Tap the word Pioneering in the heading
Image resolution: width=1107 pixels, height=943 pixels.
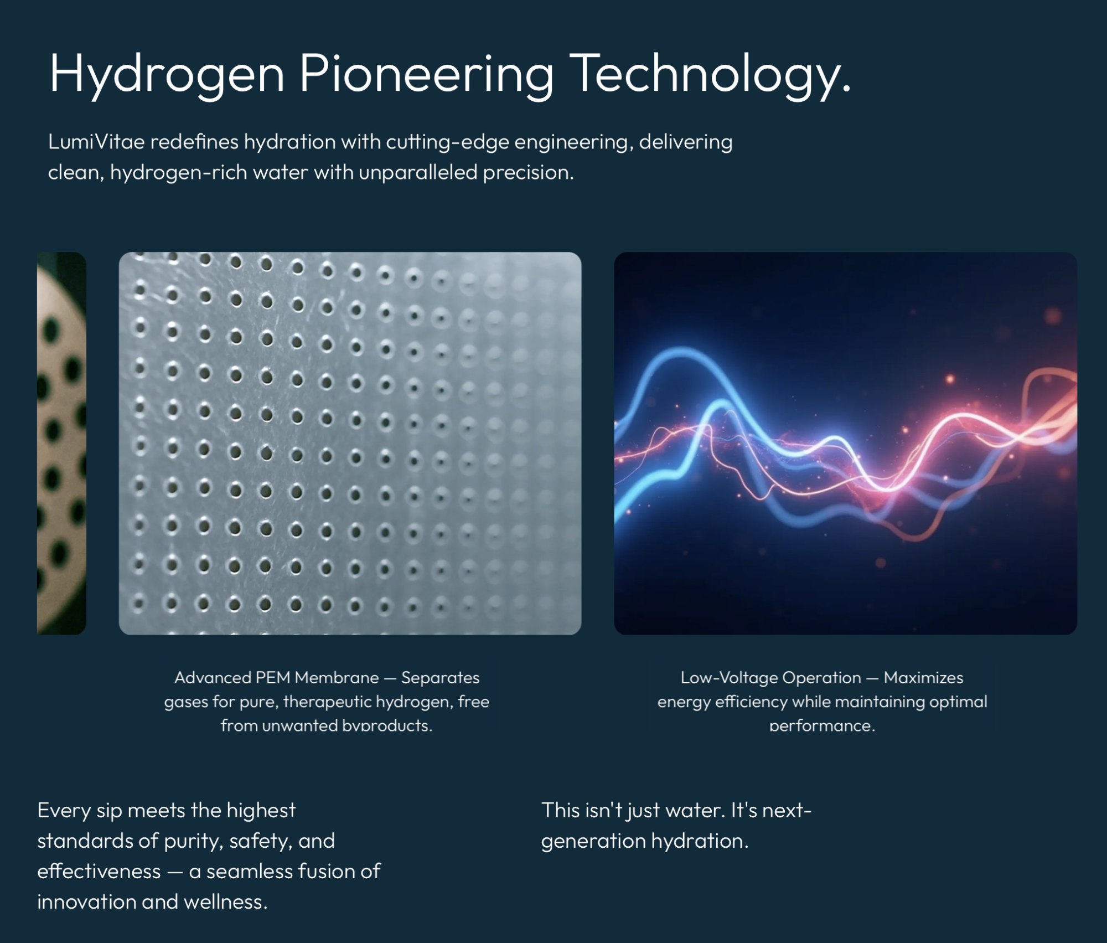[427, 75]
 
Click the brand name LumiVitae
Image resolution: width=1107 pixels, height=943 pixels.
[96, 142]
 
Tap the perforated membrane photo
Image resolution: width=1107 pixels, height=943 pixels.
[350, 443]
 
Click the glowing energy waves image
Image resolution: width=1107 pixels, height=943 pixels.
[845, 443]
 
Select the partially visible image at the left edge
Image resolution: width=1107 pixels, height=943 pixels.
[61, 443]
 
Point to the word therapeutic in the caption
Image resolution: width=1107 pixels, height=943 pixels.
[327, 702]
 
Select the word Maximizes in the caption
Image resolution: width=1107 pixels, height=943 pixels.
[923, 677]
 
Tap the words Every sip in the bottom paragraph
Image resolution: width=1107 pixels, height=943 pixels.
[80, 811]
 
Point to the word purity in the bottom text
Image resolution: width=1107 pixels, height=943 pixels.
[191, 841]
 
